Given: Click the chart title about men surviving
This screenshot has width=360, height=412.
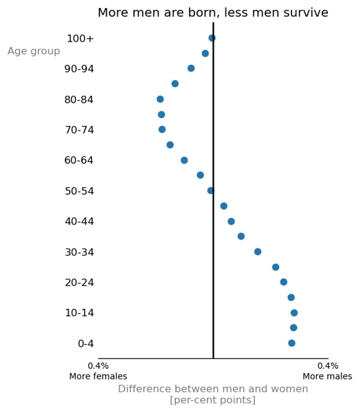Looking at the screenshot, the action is pyautogui.click(x=213, y=13).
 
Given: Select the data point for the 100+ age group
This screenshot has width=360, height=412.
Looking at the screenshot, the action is pyautogui.click(x=212, y=38).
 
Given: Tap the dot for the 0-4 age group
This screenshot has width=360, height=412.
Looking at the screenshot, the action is pyautogui.click(x=292, y=343).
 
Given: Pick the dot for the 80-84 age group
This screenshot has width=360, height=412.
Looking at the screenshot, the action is pyautogui.click(x=160, y=99).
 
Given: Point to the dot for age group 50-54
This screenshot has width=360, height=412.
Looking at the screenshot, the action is pyautogui.click(x=211, y=190).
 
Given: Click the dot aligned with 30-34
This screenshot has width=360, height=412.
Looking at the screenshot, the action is pyautogui.click(x=258, y=252).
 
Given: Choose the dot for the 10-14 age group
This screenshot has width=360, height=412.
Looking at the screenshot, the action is pyautogui.click(x=295, y=313).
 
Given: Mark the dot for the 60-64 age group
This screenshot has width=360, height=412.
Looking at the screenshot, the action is pyautogui.click(x=185, y=160).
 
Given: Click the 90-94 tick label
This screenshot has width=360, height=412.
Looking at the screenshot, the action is pyautogui.click(x=79, y=69).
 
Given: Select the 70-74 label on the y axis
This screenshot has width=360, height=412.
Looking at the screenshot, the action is pyautogui.click(x=79, y=130).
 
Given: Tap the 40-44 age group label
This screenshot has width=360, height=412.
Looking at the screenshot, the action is pyautogui.click(x=79, y=222).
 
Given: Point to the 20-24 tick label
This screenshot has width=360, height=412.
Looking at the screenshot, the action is pyautogui.click(x=79, y=283).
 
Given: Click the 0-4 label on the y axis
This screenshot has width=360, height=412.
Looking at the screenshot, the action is pyautogui.click(x=86, y=344).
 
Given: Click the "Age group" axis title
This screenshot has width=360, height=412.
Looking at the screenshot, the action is pyautogui.click(x=34, y=51).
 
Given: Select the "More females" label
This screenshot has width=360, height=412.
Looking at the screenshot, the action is pyautogui.click(x=98, y=376).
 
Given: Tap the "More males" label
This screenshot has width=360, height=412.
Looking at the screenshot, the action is pyautogui.click(x=327, y=376).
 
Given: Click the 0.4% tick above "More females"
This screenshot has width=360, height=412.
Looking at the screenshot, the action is pyautogui.click(x=98, y=366).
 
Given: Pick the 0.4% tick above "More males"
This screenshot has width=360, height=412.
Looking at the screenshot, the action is pyautogui.click(x=328, y=366).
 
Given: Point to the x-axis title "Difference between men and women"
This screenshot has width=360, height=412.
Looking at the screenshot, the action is pyautogui.click(x=213, y=389).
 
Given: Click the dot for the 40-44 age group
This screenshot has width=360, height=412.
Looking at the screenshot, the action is pyautogui.click(x=231, y=222).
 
